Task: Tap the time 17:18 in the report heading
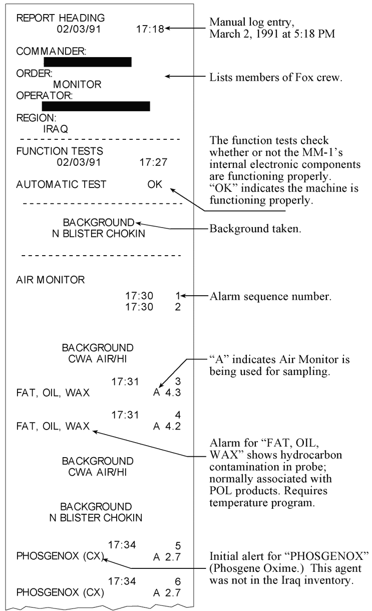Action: tap(150, 29)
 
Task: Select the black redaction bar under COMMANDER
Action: tap(88, 62)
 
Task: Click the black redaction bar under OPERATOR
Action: tap(96, 106)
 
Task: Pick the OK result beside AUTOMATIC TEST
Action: tap(155, 184)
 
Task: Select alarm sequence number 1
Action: tap(178, 296)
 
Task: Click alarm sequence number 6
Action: tap(178, 580)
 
